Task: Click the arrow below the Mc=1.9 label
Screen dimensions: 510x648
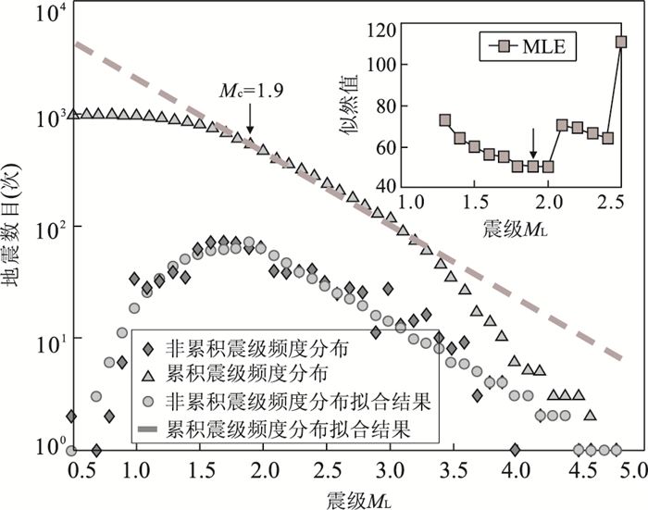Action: click(250, 121)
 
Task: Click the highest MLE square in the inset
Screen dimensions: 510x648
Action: click(621, 42)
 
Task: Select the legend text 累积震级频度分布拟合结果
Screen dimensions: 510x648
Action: click(288, 430)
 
